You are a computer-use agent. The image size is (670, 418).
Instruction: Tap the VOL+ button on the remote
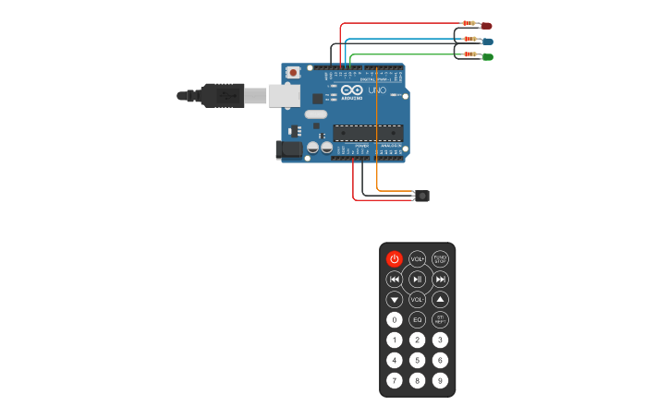coord(418,259)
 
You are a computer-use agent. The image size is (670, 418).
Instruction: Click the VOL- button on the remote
coord(418,300)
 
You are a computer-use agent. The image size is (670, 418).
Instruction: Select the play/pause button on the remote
coord(418,280)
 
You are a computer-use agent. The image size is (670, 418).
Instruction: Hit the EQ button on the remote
coord(418,320)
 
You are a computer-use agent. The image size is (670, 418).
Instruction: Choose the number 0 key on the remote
coord(395,320)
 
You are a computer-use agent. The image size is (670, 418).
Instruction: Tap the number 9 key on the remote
coord(441,380)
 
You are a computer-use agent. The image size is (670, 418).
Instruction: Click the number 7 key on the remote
coord(395,380)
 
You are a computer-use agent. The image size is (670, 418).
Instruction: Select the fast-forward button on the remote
coord(441,280)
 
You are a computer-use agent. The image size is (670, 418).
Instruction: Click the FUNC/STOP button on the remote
coord(441,259)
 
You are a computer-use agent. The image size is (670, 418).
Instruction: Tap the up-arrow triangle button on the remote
coord(441,300)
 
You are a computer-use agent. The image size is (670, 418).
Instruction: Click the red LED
coord(487,26)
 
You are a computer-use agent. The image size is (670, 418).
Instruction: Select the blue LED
coord(488,42)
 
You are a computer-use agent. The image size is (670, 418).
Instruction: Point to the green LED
coord(488,57)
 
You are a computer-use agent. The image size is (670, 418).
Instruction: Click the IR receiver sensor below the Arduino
coord(422,196)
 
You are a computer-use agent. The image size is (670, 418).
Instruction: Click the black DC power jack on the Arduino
coord(289,149)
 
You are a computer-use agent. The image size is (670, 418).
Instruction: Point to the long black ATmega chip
coord(367,132)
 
